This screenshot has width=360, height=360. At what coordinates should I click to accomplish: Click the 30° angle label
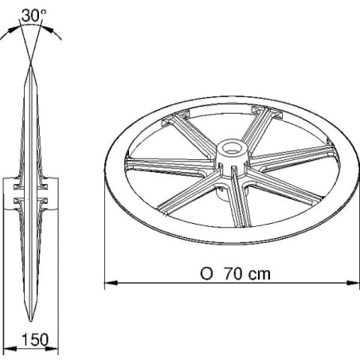tap(33, 16)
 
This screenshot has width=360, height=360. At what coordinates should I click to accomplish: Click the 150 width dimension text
tap(35, 339)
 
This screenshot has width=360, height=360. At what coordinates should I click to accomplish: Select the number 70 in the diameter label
tap(233, 274)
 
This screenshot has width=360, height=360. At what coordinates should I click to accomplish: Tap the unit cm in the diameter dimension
tap(260, 274)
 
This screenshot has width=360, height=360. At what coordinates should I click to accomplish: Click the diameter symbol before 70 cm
tap(206, 274)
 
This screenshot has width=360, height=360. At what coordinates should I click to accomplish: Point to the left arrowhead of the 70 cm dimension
tap(111, 283)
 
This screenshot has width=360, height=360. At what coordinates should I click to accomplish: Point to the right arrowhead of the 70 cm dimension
tap(354, 283)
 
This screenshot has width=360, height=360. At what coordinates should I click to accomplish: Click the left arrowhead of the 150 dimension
tap(10, 348)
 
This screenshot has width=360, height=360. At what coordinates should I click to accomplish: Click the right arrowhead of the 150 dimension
tap(52, 348)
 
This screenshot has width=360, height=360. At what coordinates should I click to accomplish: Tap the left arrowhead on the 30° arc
tap(13, 29)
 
